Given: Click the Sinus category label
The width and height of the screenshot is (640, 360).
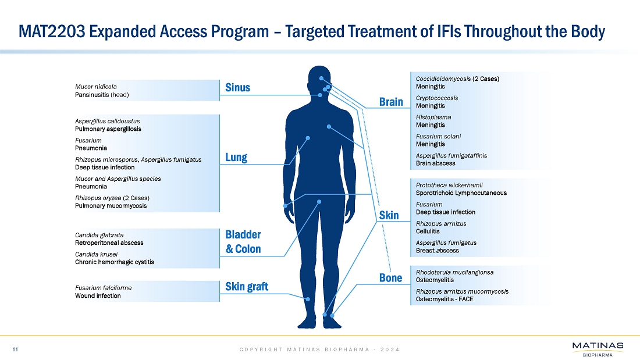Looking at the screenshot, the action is click(237, 87).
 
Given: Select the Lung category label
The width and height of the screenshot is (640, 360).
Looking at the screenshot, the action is click(236, 158).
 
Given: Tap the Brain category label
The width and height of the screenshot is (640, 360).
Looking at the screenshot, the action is click(391, 102).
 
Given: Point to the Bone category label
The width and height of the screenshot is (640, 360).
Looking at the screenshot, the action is click(390, 278).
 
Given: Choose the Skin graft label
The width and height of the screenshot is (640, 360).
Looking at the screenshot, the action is click(247, 287).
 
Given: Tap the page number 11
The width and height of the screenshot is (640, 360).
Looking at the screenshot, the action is click(15, 350).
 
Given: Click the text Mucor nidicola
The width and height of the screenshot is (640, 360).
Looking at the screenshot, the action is click(96, 87).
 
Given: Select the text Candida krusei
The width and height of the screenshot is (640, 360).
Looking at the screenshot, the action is click(97, 254).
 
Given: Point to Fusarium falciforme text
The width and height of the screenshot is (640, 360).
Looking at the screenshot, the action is click(103, 288).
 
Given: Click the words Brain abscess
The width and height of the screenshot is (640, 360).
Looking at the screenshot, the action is click(436, 163).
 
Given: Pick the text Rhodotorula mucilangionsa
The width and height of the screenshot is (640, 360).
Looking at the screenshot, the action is click(455, 272).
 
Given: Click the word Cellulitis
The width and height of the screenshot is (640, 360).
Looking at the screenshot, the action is click(428, 231).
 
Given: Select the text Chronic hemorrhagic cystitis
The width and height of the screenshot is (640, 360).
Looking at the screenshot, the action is click(115, 262).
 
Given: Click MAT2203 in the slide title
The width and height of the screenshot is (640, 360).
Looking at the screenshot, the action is click(52, 31).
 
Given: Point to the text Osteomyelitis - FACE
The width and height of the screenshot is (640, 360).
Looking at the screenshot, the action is click(445, 299).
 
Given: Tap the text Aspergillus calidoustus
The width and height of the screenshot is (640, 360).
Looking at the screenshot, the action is click(108, 121).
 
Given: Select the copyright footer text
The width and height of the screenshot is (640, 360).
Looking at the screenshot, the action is click(319, 350).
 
